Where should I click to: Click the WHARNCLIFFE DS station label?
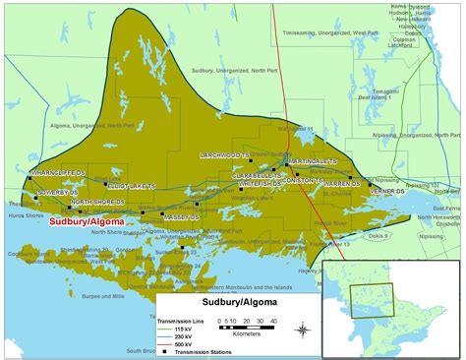tap(62, 172)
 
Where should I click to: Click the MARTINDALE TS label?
tap(313, 160)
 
